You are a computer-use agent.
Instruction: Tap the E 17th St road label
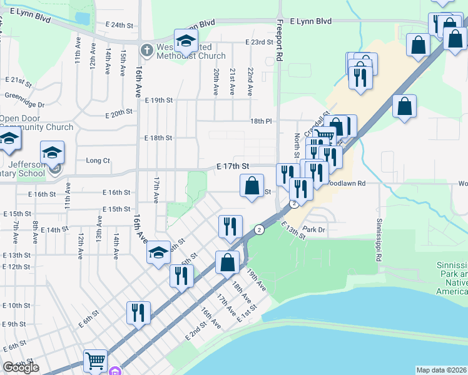pyautogui.click(x=233, y=166)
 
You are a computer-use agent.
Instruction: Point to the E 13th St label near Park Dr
pyautogui.click(x=293, y=230)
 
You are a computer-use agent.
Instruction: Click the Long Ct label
pyautogui.click(x=98, y=161)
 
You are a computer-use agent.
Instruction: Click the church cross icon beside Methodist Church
pyautogui.click(x=146, y=49)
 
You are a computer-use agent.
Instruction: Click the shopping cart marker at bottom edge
pyautogui.click(x=95, y=361)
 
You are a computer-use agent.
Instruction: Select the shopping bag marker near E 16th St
pyautogui.click(x=252, y=186)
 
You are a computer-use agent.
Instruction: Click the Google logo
pyautogui.click(x=21, y=367)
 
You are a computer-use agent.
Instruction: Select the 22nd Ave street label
pyautogui.click(x=250, y=81)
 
